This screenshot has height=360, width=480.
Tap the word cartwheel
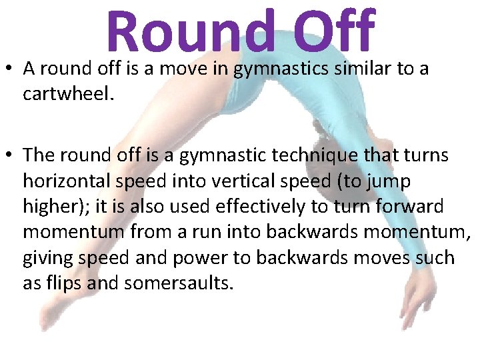tap(67, 94)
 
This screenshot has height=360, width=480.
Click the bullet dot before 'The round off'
tap(9, 156)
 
